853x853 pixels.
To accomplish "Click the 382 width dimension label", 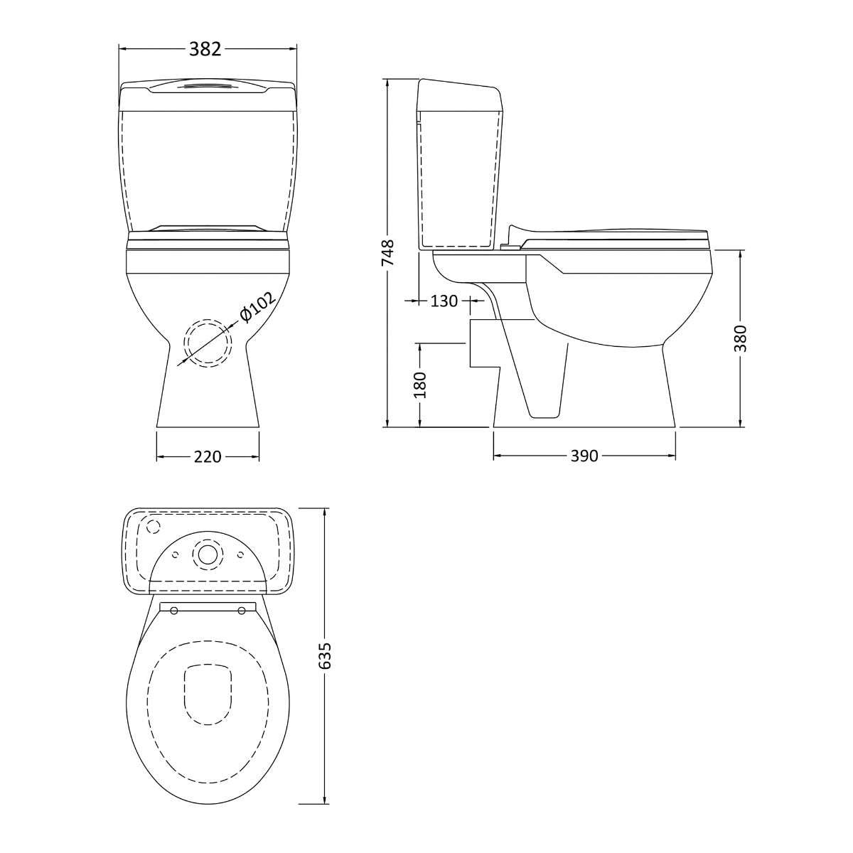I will point(205,48).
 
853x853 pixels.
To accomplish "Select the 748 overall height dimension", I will point(388,252).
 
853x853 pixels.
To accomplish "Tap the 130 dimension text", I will point(444,301).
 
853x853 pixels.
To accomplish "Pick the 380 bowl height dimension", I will point(741,338).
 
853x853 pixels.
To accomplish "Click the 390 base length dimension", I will point(584,456).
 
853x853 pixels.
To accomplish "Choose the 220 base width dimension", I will point(208,456).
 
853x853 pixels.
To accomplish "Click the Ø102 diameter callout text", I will point(257,308).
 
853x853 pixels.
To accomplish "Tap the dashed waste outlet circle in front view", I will point(208,343).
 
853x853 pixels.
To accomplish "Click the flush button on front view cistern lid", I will point(208,87).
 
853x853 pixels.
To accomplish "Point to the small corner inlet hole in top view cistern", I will point(151,526).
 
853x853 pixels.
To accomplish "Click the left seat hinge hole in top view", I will point(173,610).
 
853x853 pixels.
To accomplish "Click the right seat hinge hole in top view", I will point(242,610).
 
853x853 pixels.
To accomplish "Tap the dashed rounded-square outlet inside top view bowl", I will point(208,693).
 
